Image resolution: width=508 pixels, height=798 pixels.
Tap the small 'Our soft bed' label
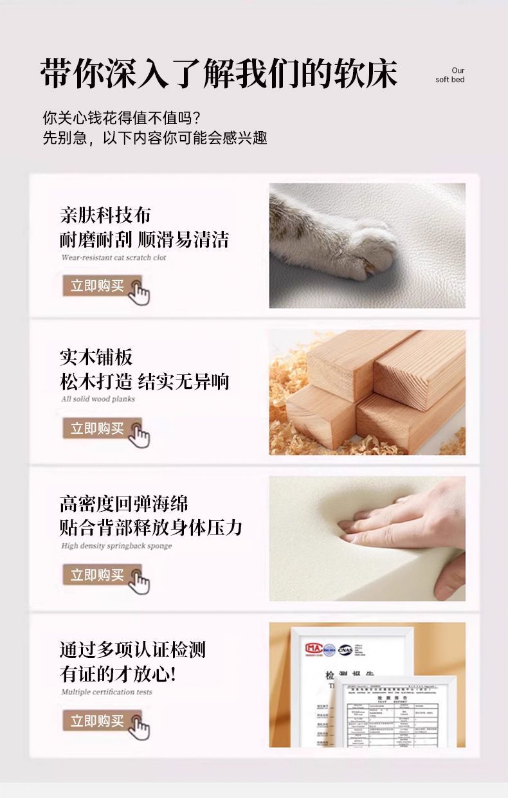click(x=450, y=75)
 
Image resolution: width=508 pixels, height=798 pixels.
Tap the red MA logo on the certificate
click(x=315, y=649)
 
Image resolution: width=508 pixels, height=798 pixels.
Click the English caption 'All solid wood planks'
click(x=98, y=399)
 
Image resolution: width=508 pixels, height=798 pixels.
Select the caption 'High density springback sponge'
click(x=116, y=546)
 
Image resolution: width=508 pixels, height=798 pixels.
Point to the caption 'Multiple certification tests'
click(x=107, y=692)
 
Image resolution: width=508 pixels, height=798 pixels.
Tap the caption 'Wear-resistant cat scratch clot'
click(x=113, y=258)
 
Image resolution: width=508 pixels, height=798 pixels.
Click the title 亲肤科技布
click(x=105, y=215)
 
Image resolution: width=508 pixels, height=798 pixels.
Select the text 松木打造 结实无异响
click(x=144, y=381)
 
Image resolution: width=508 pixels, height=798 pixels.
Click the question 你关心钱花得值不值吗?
click(x=122, y=118)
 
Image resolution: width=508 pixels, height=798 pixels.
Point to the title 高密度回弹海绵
click(x=124, y=503)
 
